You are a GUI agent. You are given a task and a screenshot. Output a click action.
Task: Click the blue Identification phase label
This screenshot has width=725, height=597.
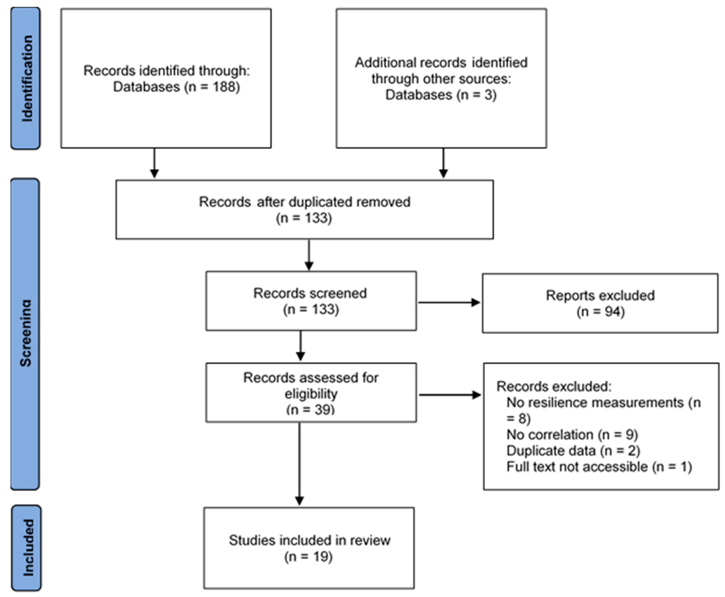(26, 78)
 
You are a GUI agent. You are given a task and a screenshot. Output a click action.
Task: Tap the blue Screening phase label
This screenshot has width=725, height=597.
(25, 334)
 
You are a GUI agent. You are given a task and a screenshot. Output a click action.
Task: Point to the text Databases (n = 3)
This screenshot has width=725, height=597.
(441, 95)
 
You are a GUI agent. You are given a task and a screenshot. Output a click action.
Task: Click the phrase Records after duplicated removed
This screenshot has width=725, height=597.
(304, 202)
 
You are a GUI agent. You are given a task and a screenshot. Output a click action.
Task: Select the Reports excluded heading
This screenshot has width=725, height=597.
(600, 295)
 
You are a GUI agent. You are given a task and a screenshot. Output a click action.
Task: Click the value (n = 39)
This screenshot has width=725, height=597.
(310, 409)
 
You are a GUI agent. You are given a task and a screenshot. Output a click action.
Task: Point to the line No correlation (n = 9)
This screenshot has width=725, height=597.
(572, 435)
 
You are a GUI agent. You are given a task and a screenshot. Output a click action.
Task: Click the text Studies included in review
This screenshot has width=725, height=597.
(309, 540)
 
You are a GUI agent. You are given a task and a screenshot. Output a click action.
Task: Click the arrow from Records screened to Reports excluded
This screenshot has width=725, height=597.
(449, 303)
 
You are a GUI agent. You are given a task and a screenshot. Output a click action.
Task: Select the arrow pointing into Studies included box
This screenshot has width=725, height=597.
(299, 464)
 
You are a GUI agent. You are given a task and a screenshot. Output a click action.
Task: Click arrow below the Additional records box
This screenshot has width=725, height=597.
(443, 163)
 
